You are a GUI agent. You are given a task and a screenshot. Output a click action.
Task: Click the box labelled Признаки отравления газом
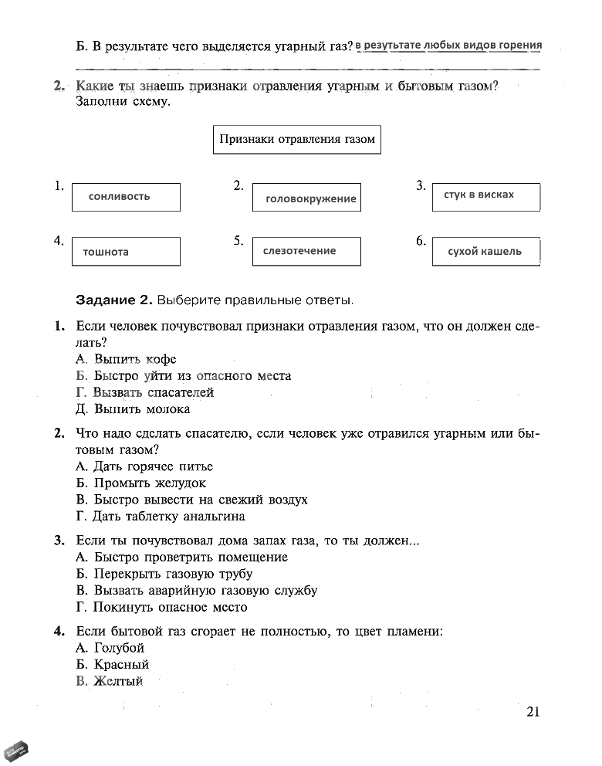296,140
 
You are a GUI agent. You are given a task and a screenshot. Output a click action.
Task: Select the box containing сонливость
125,197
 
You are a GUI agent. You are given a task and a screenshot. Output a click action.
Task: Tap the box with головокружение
306,198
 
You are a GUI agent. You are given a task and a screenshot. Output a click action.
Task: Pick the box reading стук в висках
486,196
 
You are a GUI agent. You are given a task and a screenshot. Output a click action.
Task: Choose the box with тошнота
125,252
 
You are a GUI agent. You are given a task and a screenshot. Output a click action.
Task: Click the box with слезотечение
306,251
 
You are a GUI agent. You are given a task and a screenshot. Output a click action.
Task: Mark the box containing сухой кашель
486,252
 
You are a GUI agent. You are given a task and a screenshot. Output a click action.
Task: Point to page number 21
533,712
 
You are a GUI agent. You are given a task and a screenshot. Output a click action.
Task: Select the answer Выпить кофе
127,359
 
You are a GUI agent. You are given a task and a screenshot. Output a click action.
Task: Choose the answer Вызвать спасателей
145,392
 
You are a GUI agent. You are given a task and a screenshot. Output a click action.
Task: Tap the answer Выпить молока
134,409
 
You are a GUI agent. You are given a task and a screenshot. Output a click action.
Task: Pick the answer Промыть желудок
141,483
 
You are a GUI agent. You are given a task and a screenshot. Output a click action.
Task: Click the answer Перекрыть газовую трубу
164,574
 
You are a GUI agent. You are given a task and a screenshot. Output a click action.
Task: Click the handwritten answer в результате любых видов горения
448,45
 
